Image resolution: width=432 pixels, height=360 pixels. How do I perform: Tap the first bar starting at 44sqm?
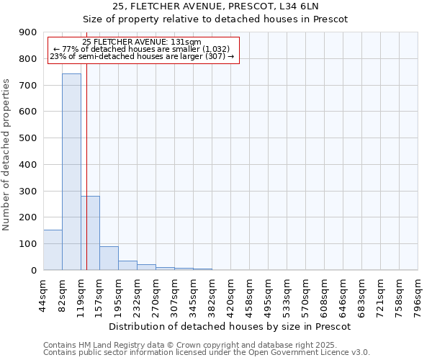[53, 250]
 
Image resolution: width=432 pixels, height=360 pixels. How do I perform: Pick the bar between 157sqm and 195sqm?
[109, 258]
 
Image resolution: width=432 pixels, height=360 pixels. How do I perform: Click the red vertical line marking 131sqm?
[86, 144]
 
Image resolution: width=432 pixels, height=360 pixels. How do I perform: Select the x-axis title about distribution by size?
[230, 326]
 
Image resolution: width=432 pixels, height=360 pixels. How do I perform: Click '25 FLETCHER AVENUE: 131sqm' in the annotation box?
[142, 42]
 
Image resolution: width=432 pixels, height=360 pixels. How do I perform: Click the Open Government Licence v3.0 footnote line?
[207, 352]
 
